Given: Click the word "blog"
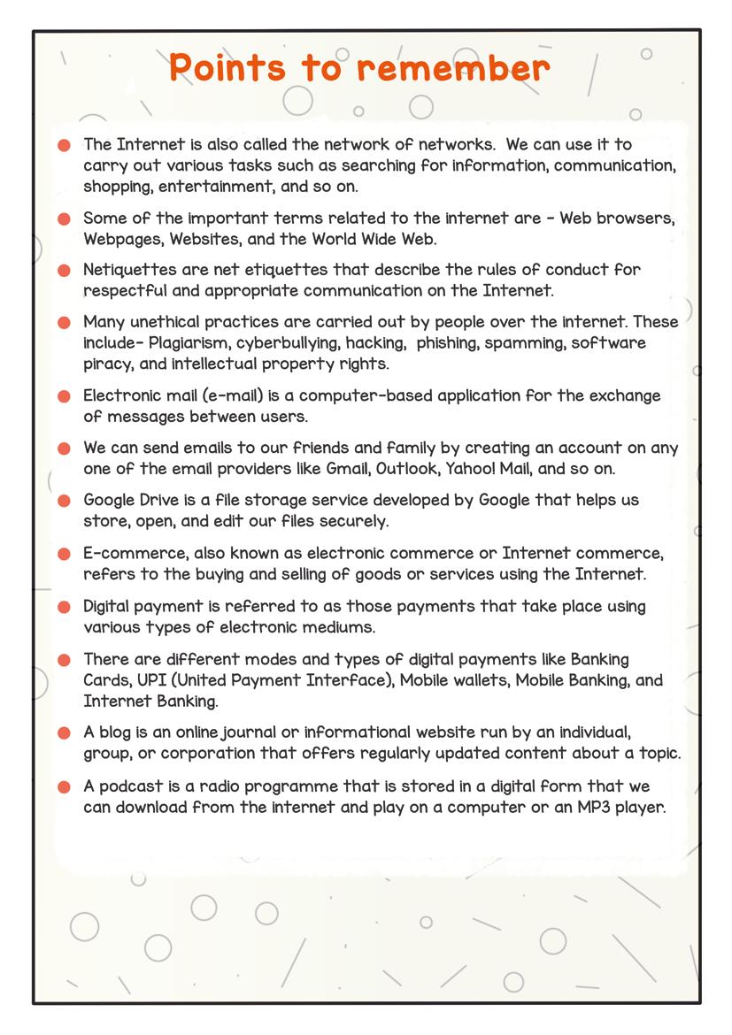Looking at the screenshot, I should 119,733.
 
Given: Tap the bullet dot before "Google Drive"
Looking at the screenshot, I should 64,502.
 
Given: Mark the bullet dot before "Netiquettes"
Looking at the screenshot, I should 64,271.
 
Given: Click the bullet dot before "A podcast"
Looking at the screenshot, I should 64,787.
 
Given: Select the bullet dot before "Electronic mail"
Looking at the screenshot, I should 64,397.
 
